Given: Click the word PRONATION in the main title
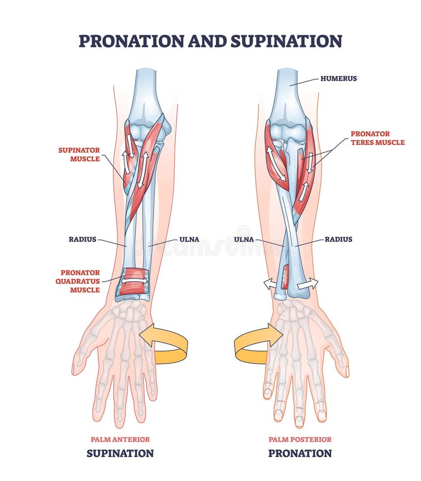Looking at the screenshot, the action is pyautogui.click(x=131, y=41).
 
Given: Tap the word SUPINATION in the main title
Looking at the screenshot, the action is pyautogui.click(x=286, y=41).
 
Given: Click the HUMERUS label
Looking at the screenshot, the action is pyautogui.click(x=339, y=79).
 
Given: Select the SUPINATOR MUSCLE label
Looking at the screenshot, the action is pyautogui.click(x=79, y=154).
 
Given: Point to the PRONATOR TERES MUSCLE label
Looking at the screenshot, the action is pyautogui.click(x=378, y=138).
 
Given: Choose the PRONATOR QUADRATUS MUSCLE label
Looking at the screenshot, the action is pyautogui.click(x=77, y=281).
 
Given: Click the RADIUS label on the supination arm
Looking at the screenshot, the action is pyautogui.click(x=82, y=239).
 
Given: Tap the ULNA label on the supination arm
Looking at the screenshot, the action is pyautogui.click(x=189, y=239).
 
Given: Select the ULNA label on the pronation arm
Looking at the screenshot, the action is pyautogui.click(x=244, y=239).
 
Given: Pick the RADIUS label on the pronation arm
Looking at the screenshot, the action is pyautogui.click(x=339, y=239).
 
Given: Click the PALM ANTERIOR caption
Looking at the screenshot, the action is pyautogui.click(x=120, y=439).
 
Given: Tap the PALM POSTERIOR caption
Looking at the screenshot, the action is pyautogui.click(x=300, y=439).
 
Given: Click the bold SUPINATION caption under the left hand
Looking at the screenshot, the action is pyautogui.click(x=120, y=453).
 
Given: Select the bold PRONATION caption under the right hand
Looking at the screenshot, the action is pyautogui.click(x=300, y=453).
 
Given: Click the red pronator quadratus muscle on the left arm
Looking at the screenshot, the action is pyautogui.click(x=132, y=281).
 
